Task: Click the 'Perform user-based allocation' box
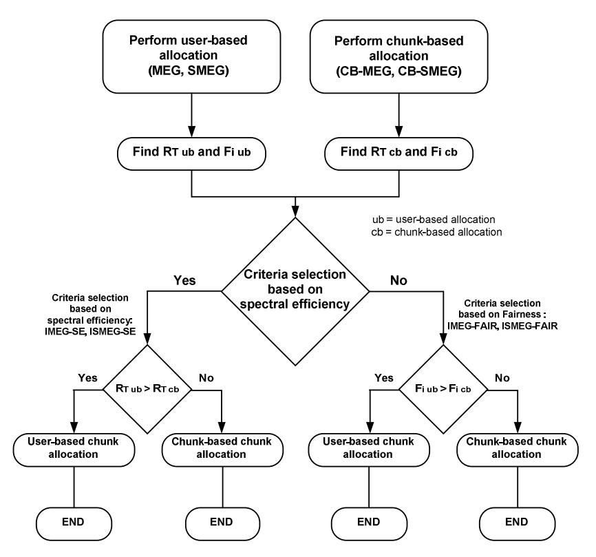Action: (x=191, y=56)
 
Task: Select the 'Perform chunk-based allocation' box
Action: (x=398, y=56)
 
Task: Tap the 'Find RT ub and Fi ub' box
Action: (x=191, y=154)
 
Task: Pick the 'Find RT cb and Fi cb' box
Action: (x=398, y=154)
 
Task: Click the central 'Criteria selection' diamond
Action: (x=295, y=291)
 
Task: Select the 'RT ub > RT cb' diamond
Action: (x=147, y=389)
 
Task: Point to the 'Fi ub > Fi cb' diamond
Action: (x=443, y=389)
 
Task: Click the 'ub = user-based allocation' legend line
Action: (x=434, y=220)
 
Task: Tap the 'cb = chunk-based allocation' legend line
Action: (x=436, y=232)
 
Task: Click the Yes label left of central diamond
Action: (x=184, y=280)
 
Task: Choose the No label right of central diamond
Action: (x=398, y=280)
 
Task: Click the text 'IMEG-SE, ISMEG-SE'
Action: (x=90, y=331)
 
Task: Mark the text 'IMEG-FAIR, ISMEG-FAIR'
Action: (x=502, y=326)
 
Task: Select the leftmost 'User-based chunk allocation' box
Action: (x=74, y=450)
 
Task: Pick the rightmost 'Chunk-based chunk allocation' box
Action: (x=518, y=450)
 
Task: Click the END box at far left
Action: (x=74, y=523)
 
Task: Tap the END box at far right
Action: (x=518, y=523)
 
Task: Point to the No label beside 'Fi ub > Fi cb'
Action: (x=502, y=377)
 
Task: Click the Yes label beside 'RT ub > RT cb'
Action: (x=87, y=377)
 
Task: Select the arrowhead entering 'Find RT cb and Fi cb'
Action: (x=398, y=132)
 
